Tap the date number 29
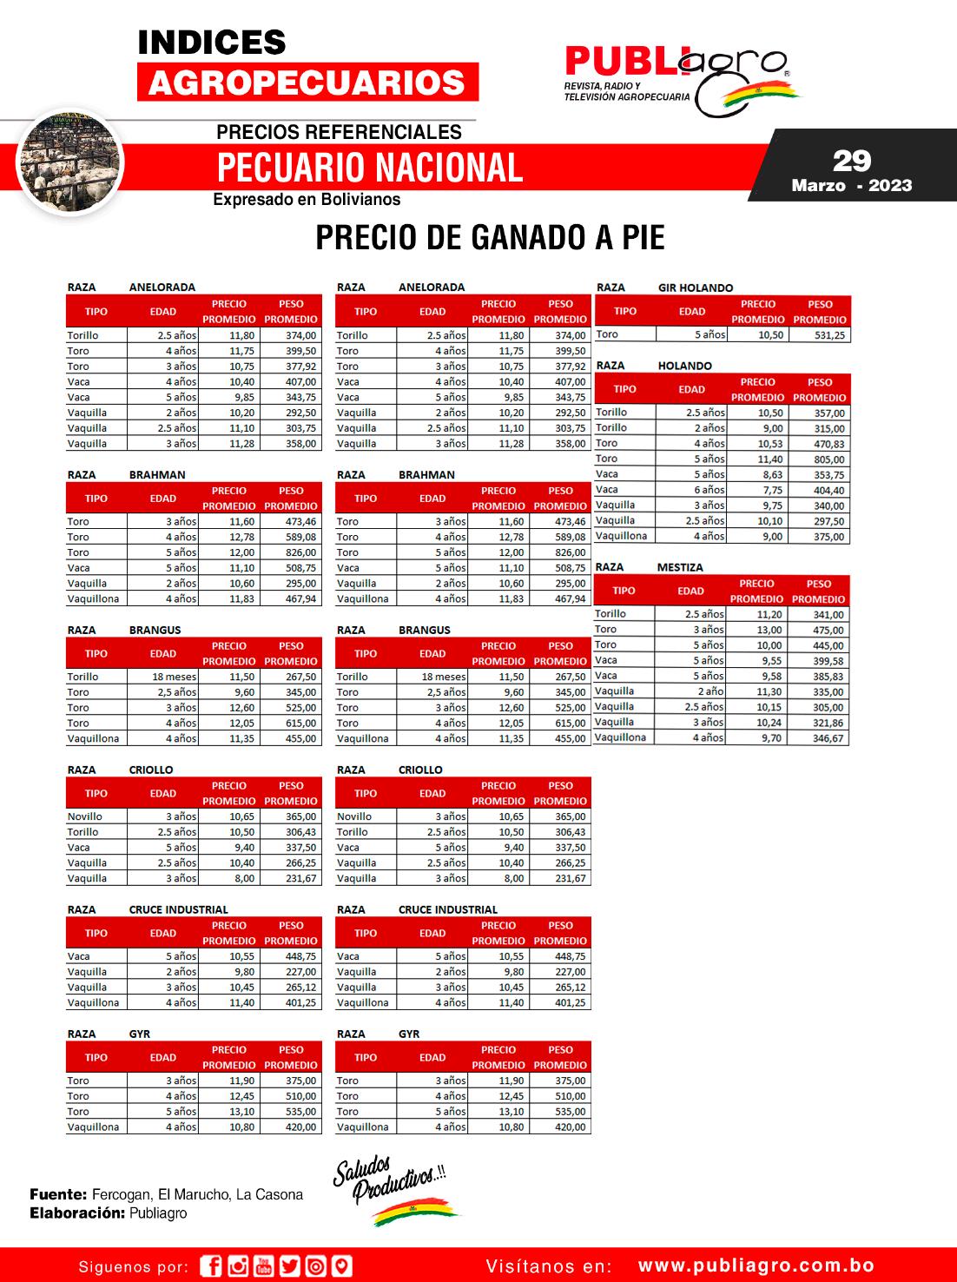pyautogui.click(x=851, y=161)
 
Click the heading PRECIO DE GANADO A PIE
pyautogui.click(x=490, y=237)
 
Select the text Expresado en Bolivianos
pyautogui.click(x=307, y=200)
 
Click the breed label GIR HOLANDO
pyautogui.click(x=695, y=287)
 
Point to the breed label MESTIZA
pyautogui.click(x=680, y=567)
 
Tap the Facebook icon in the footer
pyautogui.click(x=211, y=1266)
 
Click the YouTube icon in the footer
pyautogui.click(x=264, y=1266)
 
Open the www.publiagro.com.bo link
pyautogui.click(x=756, y=1266)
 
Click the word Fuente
pyautogui.click(x=57, y=1194)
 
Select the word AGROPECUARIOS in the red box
pyautogui.click(x=307, y=83)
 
